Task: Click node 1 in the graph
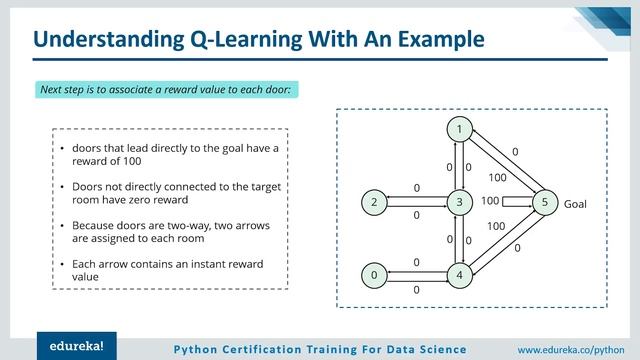459,130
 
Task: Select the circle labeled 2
374,202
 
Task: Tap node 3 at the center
459,202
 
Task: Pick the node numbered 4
459,274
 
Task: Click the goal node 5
544,202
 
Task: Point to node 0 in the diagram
374,274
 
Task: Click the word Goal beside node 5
576,203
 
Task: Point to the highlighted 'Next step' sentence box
165,90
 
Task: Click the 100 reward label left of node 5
490,201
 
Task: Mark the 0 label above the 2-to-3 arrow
416,187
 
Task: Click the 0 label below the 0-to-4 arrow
416,289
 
